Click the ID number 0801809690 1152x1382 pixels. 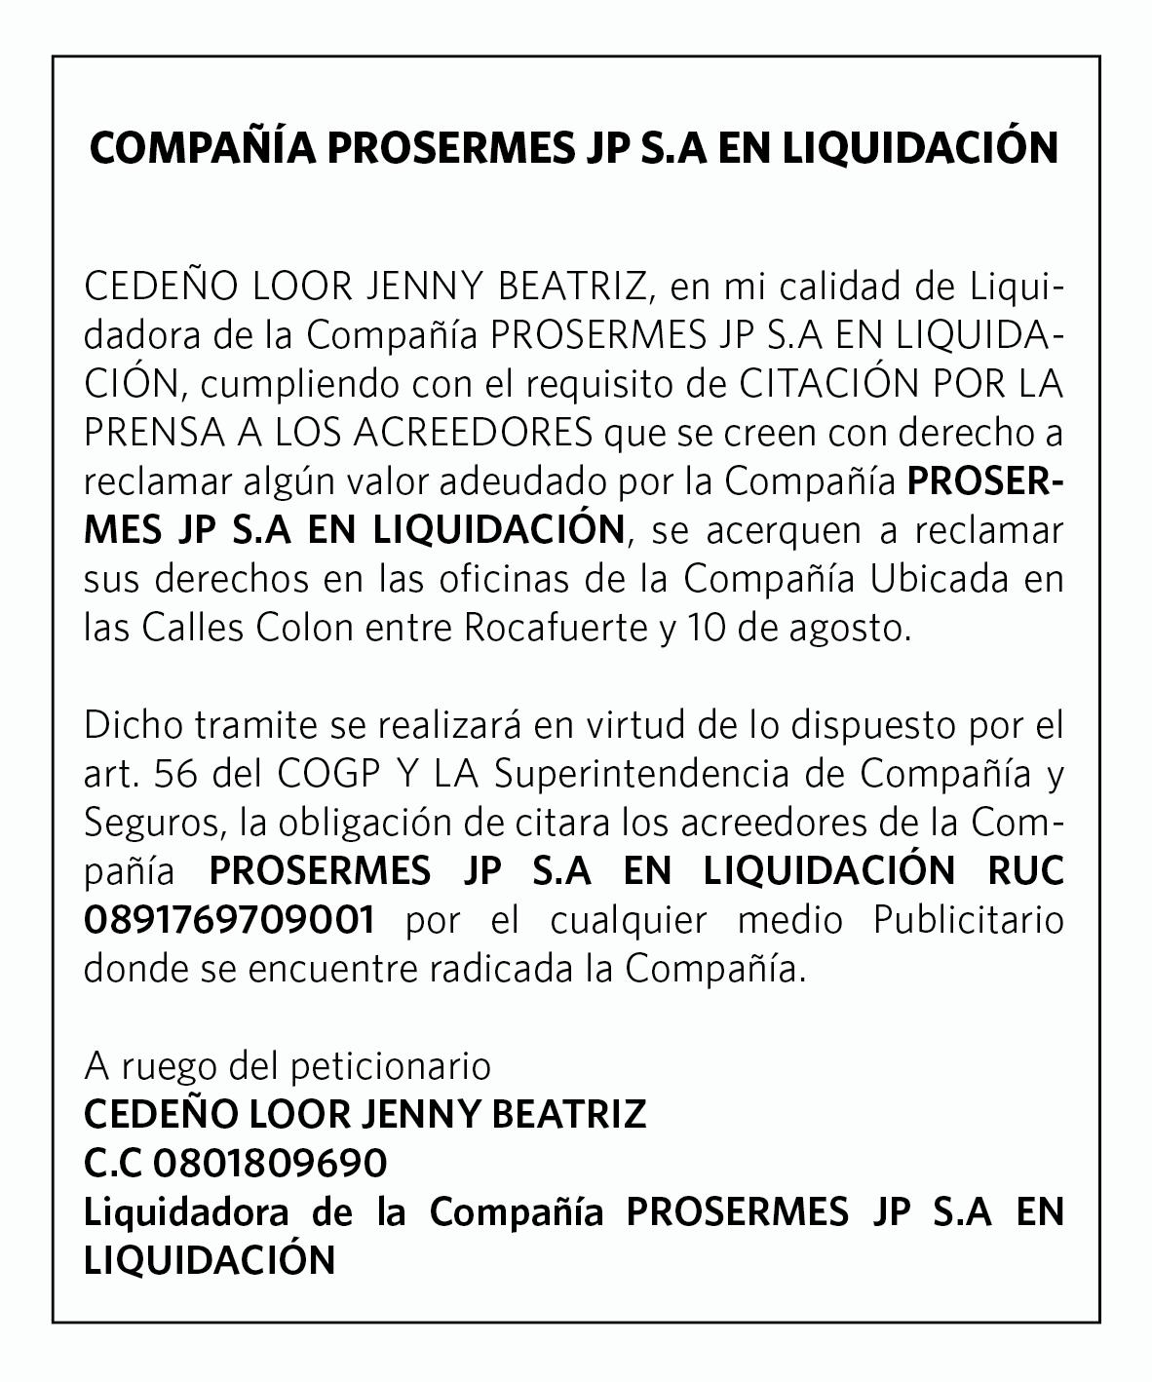click(x=269, y=1164)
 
